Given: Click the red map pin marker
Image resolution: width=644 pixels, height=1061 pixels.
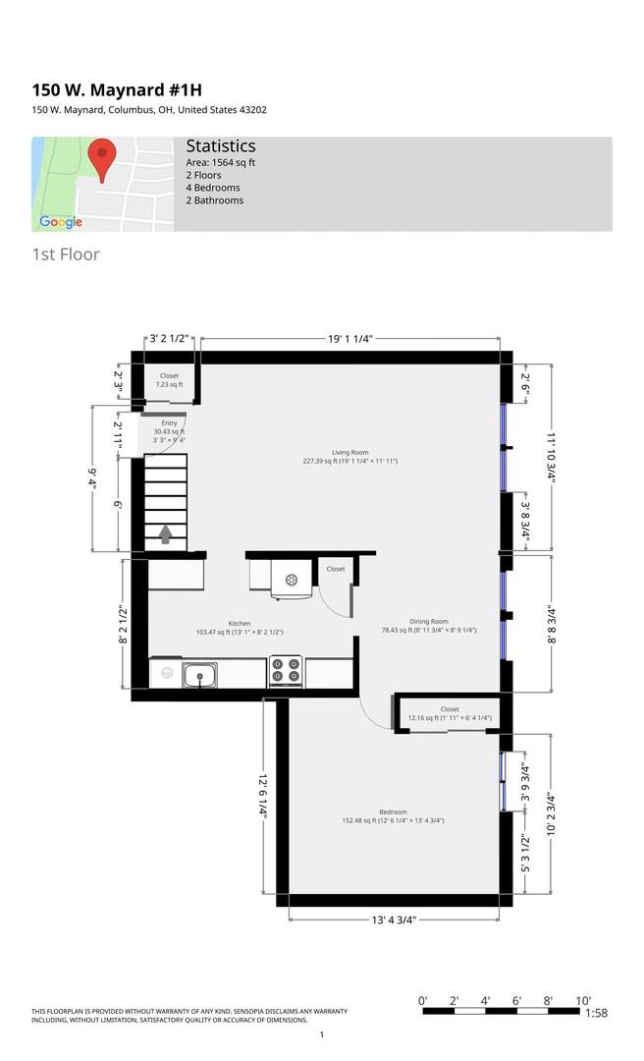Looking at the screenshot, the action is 102,160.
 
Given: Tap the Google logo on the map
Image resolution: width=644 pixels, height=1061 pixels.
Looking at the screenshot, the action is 61,222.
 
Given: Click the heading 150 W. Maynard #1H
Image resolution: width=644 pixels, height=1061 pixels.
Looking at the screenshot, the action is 117,90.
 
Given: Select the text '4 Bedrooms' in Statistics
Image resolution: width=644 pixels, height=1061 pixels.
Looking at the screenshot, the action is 213,188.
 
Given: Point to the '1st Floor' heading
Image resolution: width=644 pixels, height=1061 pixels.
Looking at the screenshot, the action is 66,254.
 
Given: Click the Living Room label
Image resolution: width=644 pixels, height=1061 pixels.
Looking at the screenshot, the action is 350,453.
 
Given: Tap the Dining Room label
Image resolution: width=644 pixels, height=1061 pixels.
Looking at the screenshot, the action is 429,621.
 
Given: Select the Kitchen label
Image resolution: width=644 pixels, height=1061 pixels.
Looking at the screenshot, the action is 240,623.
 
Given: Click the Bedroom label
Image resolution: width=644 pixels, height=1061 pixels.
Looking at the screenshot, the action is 393,812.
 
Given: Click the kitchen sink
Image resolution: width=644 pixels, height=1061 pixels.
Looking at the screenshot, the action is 199,675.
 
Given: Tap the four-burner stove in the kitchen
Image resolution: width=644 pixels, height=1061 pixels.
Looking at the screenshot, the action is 286,671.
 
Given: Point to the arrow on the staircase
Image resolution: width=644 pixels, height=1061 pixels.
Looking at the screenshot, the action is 165,534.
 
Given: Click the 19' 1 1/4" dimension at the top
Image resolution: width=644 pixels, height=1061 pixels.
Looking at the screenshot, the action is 350,339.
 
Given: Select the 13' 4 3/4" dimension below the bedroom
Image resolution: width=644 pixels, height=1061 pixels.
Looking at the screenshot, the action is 394,920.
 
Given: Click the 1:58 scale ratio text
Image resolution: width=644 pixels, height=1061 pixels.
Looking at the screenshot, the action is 596,1013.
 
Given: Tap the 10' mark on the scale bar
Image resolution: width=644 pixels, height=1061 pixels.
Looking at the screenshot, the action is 583,1001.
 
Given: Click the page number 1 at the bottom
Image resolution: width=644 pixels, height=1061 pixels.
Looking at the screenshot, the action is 322,1034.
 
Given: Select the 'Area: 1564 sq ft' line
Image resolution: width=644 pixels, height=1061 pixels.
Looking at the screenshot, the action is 221,162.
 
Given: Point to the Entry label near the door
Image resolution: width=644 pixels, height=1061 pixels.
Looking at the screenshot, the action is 169,422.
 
